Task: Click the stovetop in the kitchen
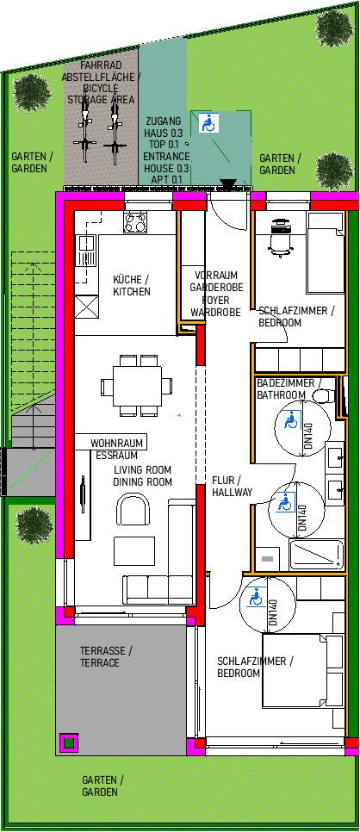[x=135, y=222]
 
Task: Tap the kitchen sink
[x=86, y=251]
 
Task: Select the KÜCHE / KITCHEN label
[x=132, y=285]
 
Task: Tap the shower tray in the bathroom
[x=316, y=554]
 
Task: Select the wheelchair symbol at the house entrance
[x=207, y=124]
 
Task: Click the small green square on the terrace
[x=68, y=742]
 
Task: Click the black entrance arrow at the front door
[x=229, y=184]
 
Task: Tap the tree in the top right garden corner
[x=334, y=27]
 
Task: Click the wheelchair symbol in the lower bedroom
[x=256, y=598]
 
